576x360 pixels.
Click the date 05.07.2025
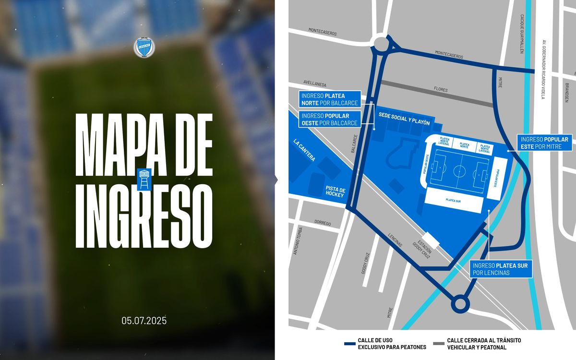point(144,321)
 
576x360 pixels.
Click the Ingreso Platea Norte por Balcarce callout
point(329,99)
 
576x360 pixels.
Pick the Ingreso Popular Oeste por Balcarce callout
point(329,120)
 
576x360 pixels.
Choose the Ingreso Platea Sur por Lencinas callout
point(501,269)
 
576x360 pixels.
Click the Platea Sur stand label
point(453,201)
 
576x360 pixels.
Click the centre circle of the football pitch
point(460,171)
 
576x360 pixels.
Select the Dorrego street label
point(323,223)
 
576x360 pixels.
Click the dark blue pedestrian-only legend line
point(349,343)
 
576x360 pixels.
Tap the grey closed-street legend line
point(438,343)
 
